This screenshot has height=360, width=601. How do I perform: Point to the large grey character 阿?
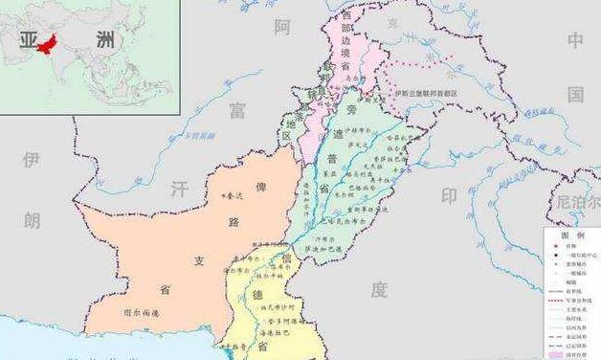(281, 28)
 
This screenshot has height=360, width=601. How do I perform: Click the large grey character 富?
(235, 111)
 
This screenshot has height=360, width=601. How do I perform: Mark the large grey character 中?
(574, 39)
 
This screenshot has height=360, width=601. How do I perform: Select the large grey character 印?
(448, 195)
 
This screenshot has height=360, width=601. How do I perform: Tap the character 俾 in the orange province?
(260, 187)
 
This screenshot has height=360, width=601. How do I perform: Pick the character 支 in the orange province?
(199, 260)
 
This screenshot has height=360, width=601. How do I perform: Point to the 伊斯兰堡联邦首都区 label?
(427, 93)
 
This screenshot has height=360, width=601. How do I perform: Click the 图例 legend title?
(572, 234)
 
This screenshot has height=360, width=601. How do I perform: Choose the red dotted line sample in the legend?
(559, 299)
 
